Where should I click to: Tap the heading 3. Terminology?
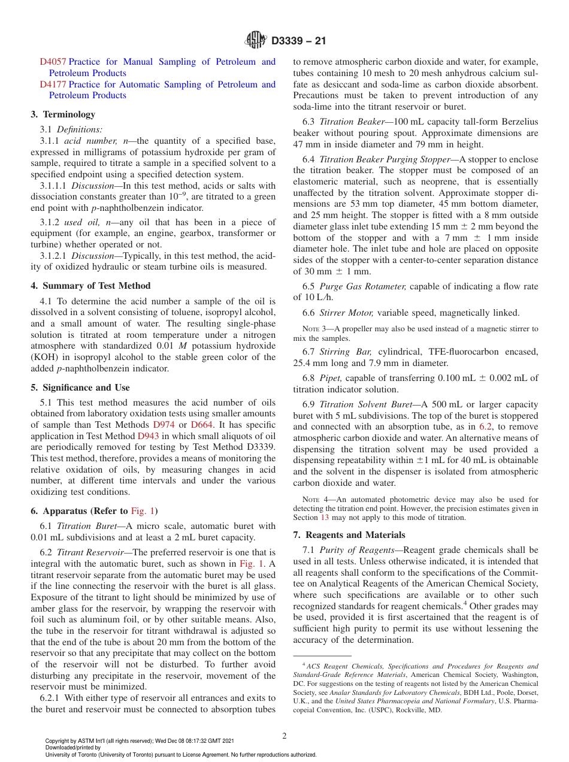(63, 114)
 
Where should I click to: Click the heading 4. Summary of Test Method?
(90, 286)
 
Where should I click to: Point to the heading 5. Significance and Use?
(80, 388)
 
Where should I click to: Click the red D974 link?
(164, 425)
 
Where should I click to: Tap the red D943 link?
(148, 437)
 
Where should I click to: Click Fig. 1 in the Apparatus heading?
(143, 511)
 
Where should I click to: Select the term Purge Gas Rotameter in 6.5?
(362, 286)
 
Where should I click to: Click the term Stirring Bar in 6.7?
(346, 352)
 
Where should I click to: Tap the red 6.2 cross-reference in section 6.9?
(486, 427)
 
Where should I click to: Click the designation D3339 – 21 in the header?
(299, 41)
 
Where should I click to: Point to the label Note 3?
(314, 329)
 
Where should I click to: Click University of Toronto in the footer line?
(68, 755)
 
